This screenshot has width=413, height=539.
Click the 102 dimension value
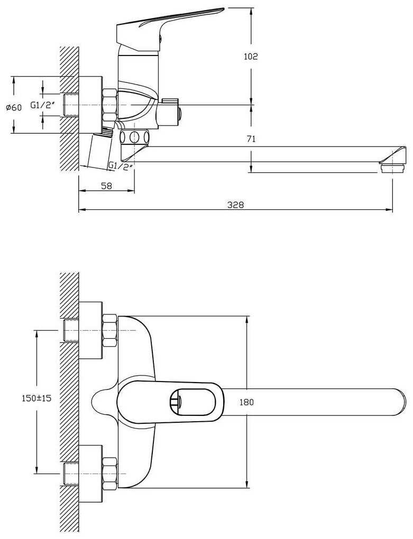tap(251, 57)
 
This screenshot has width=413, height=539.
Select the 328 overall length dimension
tap(235, 205)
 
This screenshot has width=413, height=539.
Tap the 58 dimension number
tap(106, 186)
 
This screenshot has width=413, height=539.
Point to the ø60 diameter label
tap(14, 108)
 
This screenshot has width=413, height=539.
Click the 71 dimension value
tap(251, 139)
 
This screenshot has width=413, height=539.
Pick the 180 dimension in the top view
tap(246, 402)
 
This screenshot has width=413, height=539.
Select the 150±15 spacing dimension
tap(36, 398)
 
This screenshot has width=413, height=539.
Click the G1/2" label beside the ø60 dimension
tap(43, 105)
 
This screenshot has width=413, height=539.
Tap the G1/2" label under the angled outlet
tap(121, 165)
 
